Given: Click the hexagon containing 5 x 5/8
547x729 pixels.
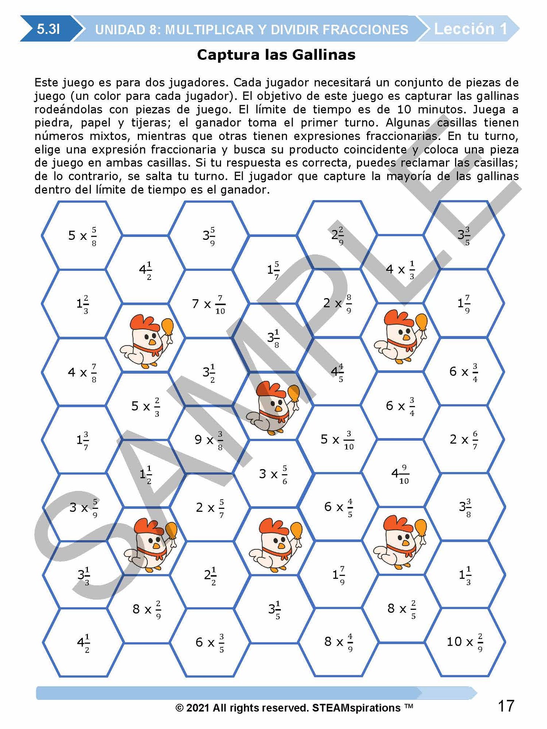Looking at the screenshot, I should coord(82,236).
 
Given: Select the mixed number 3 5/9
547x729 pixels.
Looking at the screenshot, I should coord(209,236).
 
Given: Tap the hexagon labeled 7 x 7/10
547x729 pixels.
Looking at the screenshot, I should coord(209,303).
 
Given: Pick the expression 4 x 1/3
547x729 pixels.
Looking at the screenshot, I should coord(400,269).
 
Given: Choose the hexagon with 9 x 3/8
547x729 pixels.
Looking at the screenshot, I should coord(209,440).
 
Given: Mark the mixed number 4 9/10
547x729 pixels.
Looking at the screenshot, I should coord(400,473).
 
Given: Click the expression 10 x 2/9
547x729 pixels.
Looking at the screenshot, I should coord(464,642).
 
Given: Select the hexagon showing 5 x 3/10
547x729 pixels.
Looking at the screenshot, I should coord(337,440).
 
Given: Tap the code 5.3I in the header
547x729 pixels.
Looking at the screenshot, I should coord(48,29).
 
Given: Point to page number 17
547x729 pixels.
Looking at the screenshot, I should coord(506,706).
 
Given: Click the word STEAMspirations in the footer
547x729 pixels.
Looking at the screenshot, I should coord(356,708).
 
